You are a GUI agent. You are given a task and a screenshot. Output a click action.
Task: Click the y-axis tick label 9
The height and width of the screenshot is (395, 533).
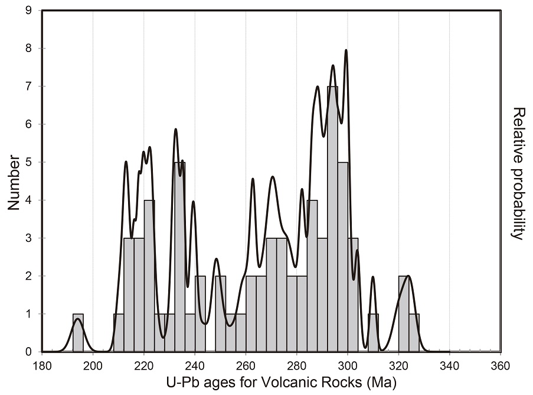click(x=29, y=10)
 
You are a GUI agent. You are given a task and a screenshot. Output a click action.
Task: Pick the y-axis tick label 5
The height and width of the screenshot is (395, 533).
click(x=29, y=162)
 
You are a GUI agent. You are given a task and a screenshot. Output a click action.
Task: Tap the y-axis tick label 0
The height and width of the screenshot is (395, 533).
click(x=29, y=352)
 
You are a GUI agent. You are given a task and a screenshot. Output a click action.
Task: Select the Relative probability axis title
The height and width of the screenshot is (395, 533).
click(x=518, y=173)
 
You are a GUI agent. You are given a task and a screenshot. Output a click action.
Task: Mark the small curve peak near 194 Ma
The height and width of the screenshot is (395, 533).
click(x=77, y=319)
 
